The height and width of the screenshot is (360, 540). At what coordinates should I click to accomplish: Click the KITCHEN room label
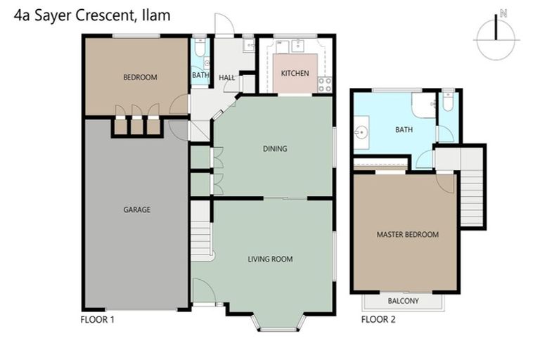pos(295,73)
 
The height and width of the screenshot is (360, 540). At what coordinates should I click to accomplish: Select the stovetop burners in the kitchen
pos(325,85)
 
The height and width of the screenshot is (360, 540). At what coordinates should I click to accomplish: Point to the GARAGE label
pos(136,210)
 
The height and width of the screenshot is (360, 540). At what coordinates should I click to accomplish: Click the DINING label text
pos(275,148)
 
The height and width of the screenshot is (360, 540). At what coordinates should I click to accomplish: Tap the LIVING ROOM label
pos(270,259)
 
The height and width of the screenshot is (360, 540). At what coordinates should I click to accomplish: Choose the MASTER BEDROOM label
pos(407,234)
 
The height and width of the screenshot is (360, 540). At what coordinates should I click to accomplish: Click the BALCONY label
pos(403,301)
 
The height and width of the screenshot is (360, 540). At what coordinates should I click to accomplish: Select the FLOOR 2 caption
pos(378,319)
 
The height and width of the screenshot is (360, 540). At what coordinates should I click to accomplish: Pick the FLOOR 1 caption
pos(98,319)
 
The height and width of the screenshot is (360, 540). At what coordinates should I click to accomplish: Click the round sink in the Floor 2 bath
pos(363,131)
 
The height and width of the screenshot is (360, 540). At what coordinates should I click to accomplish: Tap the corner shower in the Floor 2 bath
pos(424,105)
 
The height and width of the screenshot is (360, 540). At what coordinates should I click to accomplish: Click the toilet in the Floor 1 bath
pos(200,49)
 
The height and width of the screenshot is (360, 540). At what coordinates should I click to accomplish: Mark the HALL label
pos(226,78)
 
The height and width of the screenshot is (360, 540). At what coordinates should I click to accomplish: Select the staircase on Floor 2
pos(472,186)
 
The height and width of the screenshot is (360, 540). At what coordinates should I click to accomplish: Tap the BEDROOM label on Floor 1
pos(140,77)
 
